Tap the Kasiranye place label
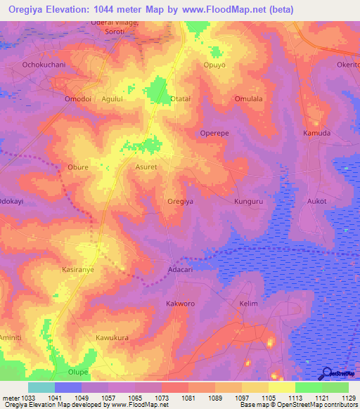point(78,269)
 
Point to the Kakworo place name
point(180,304)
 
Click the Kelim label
point(249,304)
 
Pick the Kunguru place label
point(247,201)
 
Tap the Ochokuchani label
point(44,65)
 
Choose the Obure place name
point(77,167)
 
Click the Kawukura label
point(112,337)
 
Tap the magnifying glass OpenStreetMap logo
point(328,373)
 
